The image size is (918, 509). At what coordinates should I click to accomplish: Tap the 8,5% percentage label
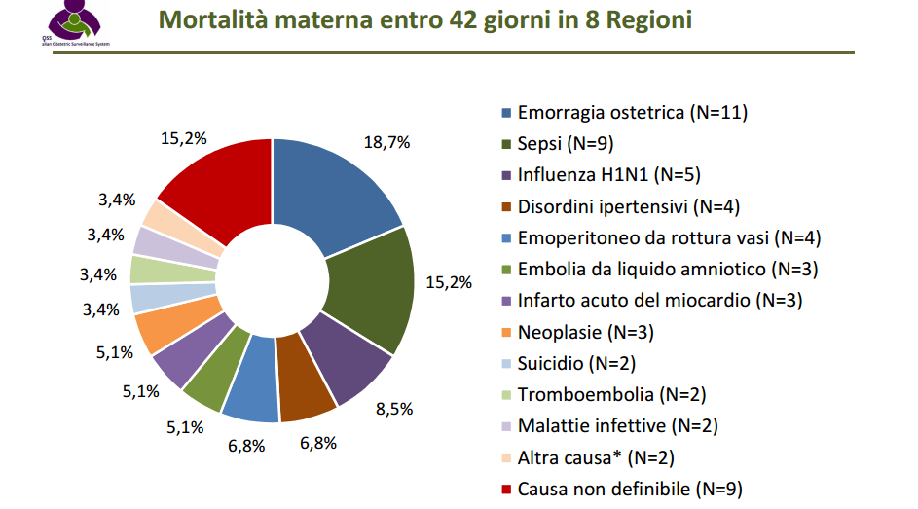click(394, 408)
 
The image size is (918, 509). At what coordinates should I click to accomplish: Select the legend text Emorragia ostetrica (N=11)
click(632, 113)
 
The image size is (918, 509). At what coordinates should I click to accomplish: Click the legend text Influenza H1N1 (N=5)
click(608, 175)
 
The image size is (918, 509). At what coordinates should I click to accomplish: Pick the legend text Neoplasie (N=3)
click(585, 332)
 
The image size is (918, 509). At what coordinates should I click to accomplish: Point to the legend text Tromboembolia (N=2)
click(611, 394)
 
